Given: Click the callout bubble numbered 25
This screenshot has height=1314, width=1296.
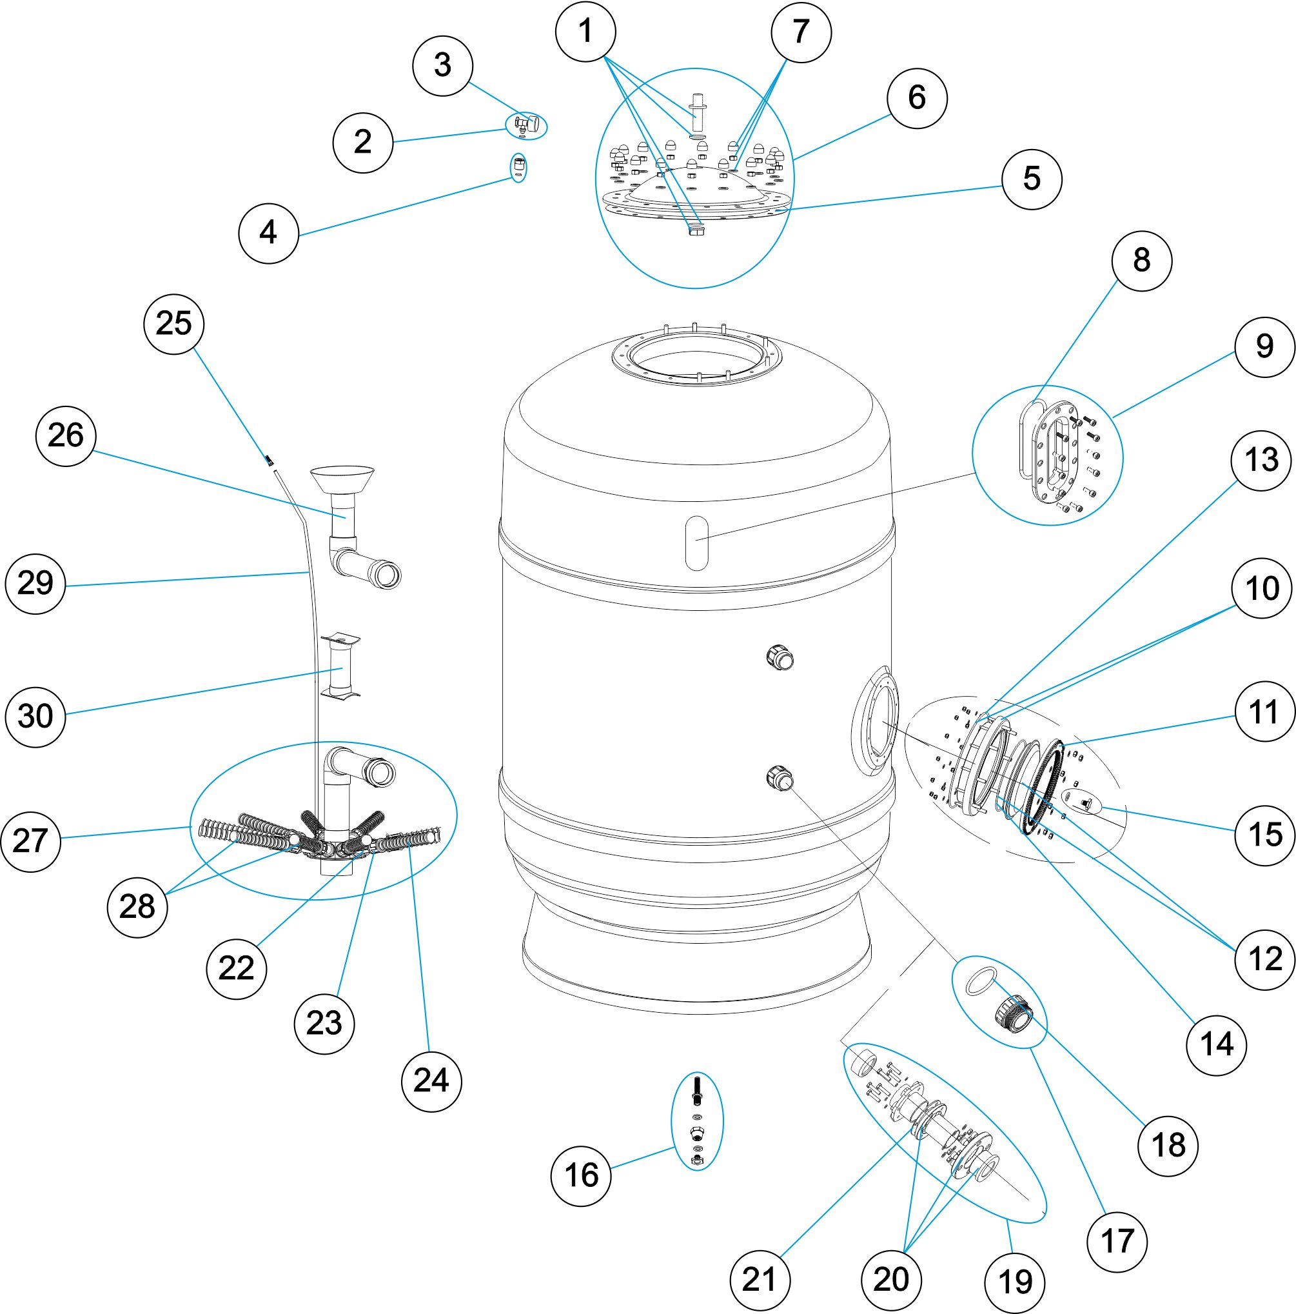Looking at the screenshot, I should pos(174,324).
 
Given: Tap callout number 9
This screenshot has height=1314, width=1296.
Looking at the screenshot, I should pos(1264,347).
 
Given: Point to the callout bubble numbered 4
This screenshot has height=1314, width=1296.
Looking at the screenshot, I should pos(269,233).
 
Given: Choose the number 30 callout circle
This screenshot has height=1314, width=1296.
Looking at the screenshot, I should pos(35,716).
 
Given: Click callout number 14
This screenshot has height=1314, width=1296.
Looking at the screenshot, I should pos(1216,1044).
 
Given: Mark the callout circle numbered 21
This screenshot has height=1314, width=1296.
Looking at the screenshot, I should pos(760,1280).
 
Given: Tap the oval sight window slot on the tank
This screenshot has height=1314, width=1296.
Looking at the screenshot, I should pos(697,542).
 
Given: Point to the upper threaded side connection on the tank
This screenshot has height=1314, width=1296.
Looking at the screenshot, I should pos(781,658).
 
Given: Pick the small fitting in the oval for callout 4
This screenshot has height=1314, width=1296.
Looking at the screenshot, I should pos(518,166).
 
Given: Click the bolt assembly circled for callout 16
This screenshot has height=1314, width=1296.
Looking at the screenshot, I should pos(696,1122).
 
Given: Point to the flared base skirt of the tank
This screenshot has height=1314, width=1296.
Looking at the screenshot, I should pos(696,952).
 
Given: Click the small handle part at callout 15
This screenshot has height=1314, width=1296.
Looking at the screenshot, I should pos(1086,804).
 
